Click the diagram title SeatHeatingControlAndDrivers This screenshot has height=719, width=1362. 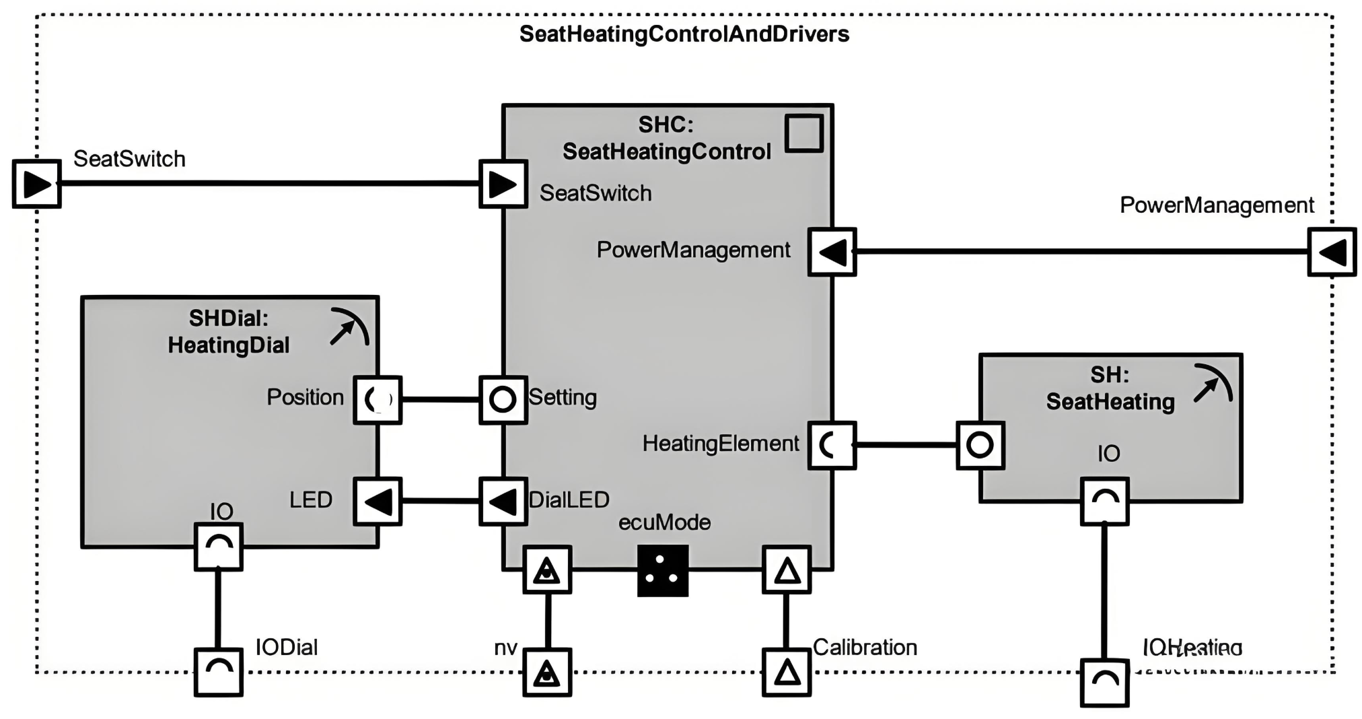point(684,34)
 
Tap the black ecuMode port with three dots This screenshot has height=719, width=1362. point(663,570)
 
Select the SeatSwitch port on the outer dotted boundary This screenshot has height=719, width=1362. point(37,183)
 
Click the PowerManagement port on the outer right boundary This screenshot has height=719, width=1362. point(1332,252)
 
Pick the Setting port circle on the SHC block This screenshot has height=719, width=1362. point(503,400)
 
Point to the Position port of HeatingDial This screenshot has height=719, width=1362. point(378,400)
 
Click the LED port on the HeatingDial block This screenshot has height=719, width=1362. point(378,502)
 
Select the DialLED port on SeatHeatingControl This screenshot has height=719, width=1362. point(503,502)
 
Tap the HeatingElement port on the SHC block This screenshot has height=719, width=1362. point(832,445)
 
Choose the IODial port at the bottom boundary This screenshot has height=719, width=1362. point(218,672)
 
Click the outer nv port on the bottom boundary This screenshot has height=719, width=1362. point(547,672)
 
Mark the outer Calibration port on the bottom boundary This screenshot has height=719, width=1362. point(786,672)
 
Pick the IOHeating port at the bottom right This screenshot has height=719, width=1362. point(1104,683)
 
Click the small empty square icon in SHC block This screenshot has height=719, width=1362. point(804,133)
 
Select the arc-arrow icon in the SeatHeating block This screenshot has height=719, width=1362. point(1213,384)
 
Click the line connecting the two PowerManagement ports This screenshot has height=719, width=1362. point(1077,252)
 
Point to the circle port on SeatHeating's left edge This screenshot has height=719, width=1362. point(980,445)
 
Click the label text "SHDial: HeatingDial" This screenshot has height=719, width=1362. point(229,331)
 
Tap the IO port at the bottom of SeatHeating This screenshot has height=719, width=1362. point(1104,502)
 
